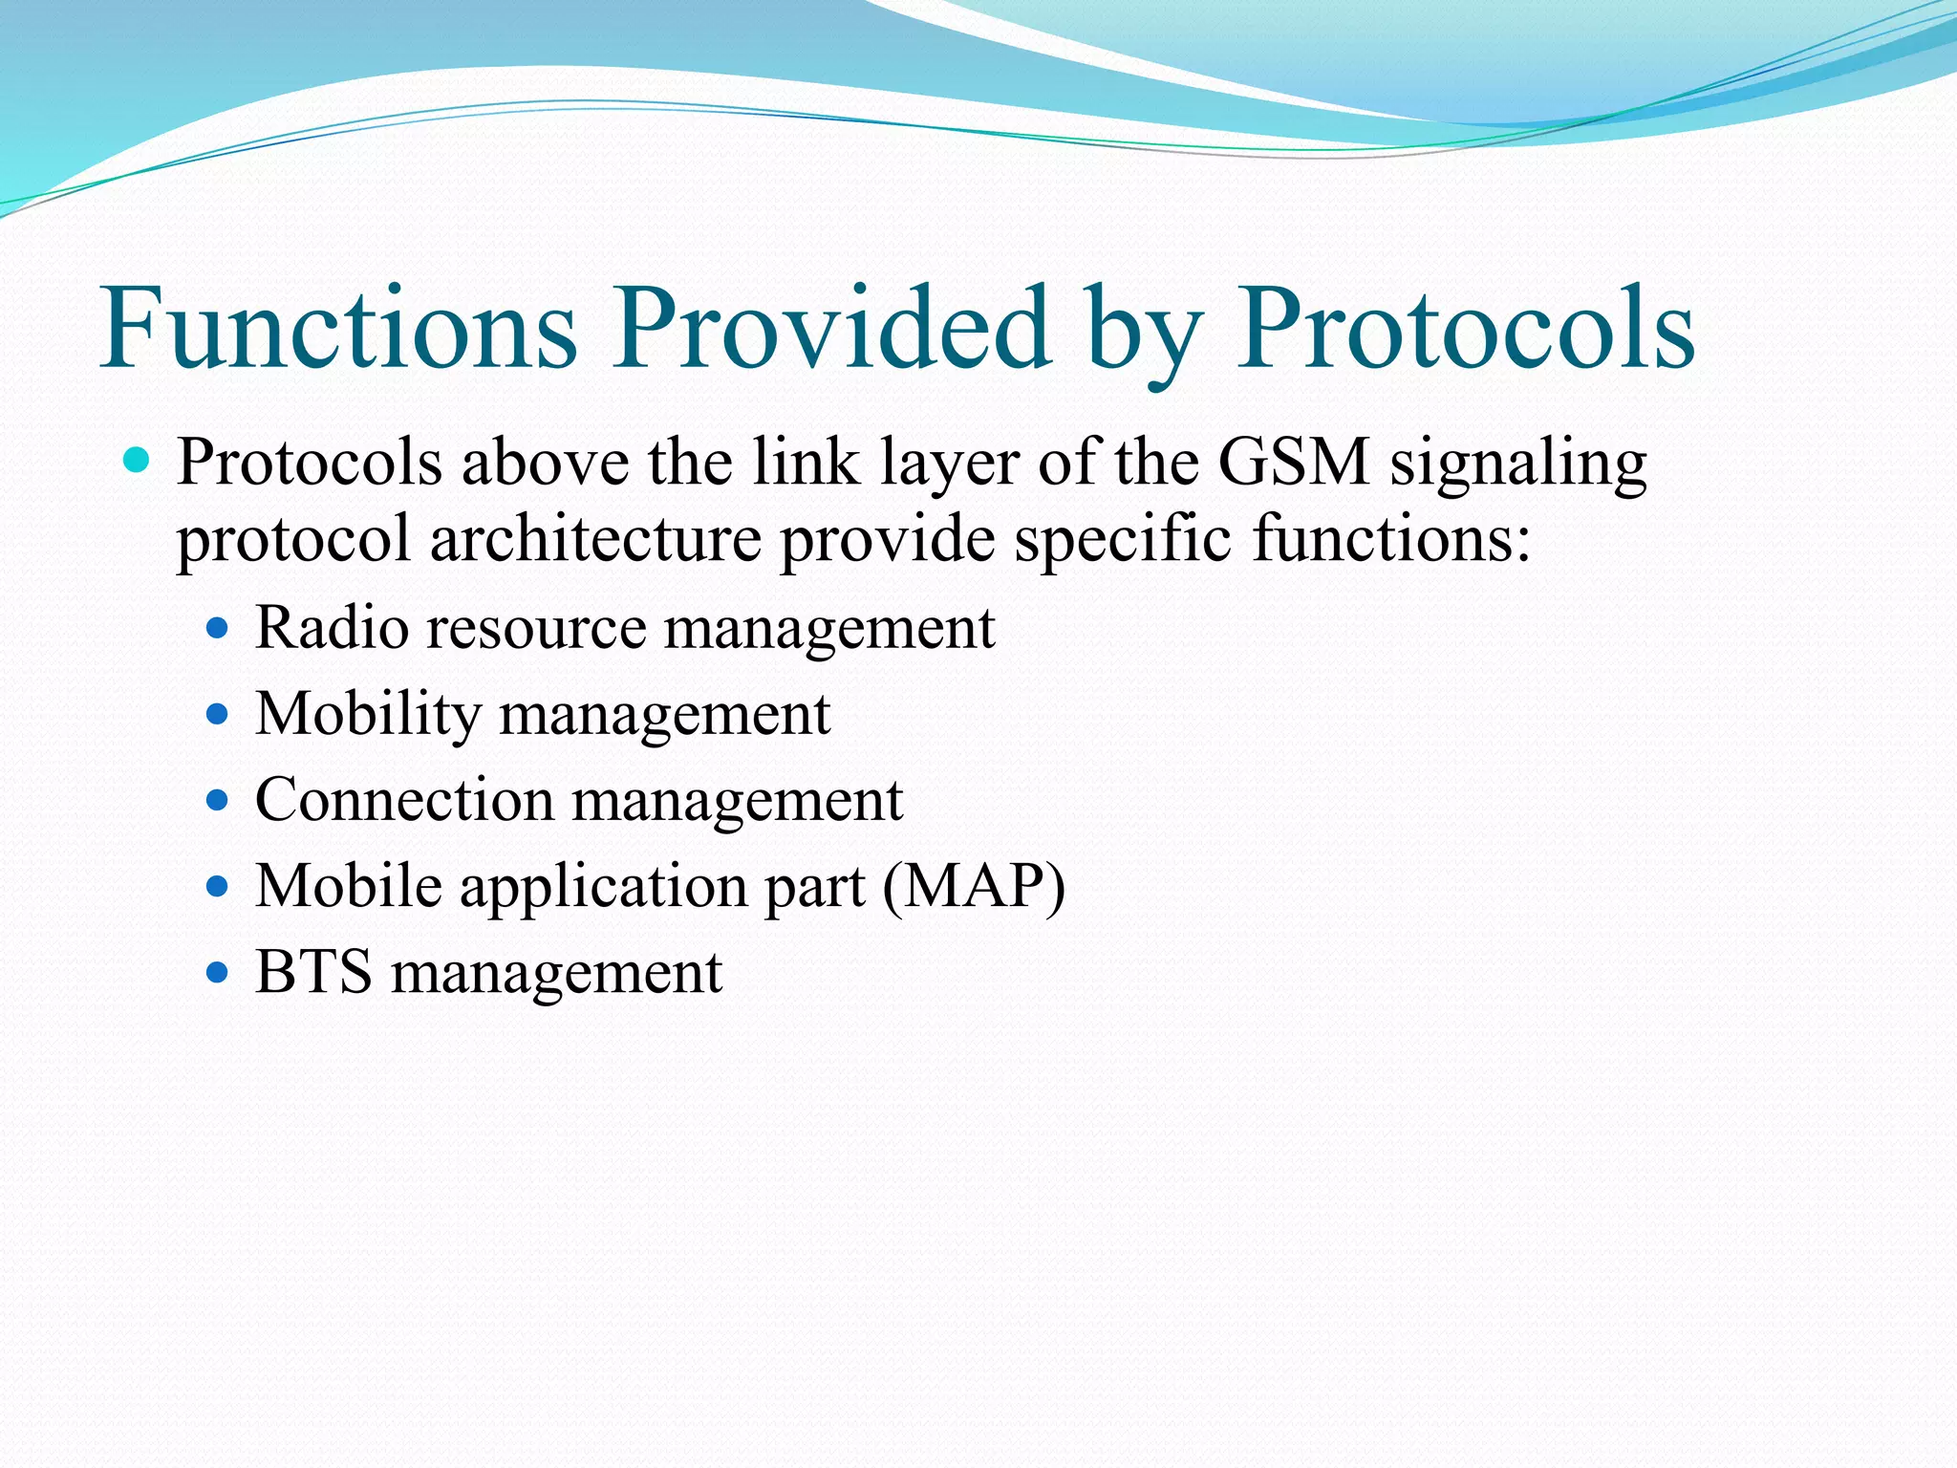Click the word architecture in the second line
coord(594,540)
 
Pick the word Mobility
coord(368,715)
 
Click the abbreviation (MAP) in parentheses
coord(973,887)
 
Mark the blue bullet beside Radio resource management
coord(218,628)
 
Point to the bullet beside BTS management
coord(218,973)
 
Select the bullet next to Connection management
coord(218,800)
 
